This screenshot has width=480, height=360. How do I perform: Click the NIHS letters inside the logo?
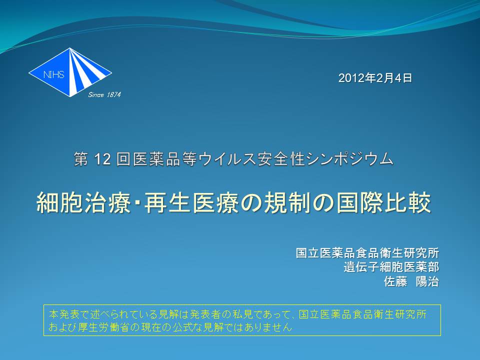[x=54, y=74]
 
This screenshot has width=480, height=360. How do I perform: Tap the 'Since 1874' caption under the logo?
[x=104, y=95]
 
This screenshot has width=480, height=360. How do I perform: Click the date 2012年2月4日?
[x=375, y=78]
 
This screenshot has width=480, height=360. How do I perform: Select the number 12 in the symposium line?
[x=102, y=159]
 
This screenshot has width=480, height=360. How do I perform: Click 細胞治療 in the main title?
[x=83, y=202]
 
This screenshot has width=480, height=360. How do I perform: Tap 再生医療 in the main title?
[x=191, y=202]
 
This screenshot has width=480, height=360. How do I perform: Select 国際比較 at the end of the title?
[x=384, y=202]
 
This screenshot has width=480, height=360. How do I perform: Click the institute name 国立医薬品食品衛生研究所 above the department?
[x=367, y=253]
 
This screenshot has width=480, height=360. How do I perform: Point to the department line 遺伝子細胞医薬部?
[x=391, y=267]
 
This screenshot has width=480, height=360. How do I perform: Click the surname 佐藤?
[x=395, y=281]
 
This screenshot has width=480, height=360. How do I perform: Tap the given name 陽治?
[x=427, y=281]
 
